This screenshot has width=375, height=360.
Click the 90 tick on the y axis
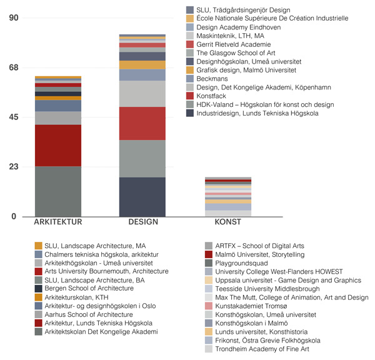tap(13, 18)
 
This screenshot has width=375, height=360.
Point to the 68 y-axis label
tap(13, 67)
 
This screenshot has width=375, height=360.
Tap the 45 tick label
tap(13, 117)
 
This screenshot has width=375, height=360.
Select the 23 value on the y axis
tap(13, 167)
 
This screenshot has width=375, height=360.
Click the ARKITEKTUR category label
tap(58, 222)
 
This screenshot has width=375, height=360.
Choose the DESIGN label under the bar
tap(142, 222)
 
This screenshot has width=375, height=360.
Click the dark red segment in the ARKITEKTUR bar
tap(58, 145)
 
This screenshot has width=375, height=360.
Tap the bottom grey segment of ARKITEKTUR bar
tap(58, 191)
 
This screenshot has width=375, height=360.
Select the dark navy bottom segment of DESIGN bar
tap(142, 197)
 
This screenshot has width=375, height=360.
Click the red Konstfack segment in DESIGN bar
tap(142, 123)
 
